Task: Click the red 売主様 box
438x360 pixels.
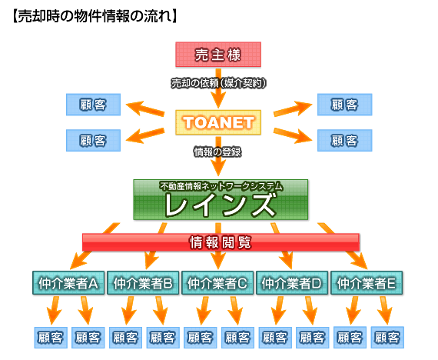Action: pos(218,55)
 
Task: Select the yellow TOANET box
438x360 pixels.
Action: pos(218,122)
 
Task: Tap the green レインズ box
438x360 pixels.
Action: pos(221,200)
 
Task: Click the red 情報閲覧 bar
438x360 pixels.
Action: pos(221,242)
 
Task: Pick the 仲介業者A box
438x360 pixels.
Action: pos(68,283)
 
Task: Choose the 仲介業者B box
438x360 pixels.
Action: pos(143,283)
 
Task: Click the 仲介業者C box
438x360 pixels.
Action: pos(217,283)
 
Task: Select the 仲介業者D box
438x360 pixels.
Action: pos(292,283)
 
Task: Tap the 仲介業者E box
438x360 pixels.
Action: pos(367,283)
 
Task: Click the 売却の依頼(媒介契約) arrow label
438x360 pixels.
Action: pos(218,83)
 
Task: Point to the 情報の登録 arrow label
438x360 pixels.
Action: pos(217,152)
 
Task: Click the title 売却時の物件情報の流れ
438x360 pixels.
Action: pos(95,16)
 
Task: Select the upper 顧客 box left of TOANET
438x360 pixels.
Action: pos(93,105)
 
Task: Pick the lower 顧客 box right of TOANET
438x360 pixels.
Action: pos(345,141)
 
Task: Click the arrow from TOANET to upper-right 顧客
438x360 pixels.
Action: pos(292,108)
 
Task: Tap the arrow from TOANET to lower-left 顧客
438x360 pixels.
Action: pos(144,135)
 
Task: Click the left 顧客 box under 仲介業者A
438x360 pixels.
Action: pos(51,338)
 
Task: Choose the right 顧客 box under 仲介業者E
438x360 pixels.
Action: pos(387,338)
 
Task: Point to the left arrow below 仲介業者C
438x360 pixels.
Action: pos(203,311)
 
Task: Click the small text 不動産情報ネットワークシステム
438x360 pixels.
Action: pos(221,186)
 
